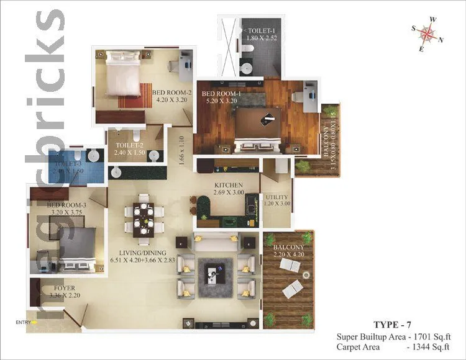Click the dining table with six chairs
click(x=145, y=218)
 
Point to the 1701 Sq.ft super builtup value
click(x=435, y=336)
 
